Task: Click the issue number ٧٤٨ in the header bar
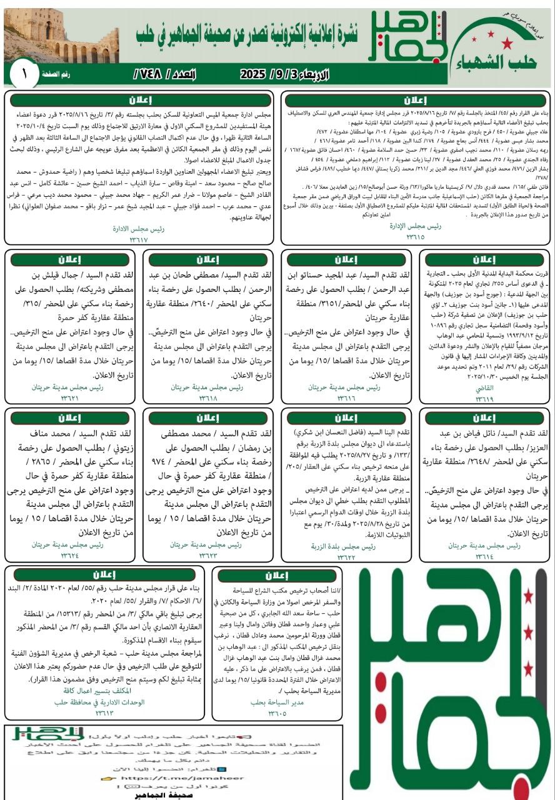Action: pos(155,74)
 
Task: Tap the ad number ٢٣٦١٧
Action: pos(139,239)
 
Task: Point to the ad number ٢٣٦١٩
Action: pos(484,398)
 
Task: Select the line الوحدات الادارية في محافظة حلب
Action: pos(100,702)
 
